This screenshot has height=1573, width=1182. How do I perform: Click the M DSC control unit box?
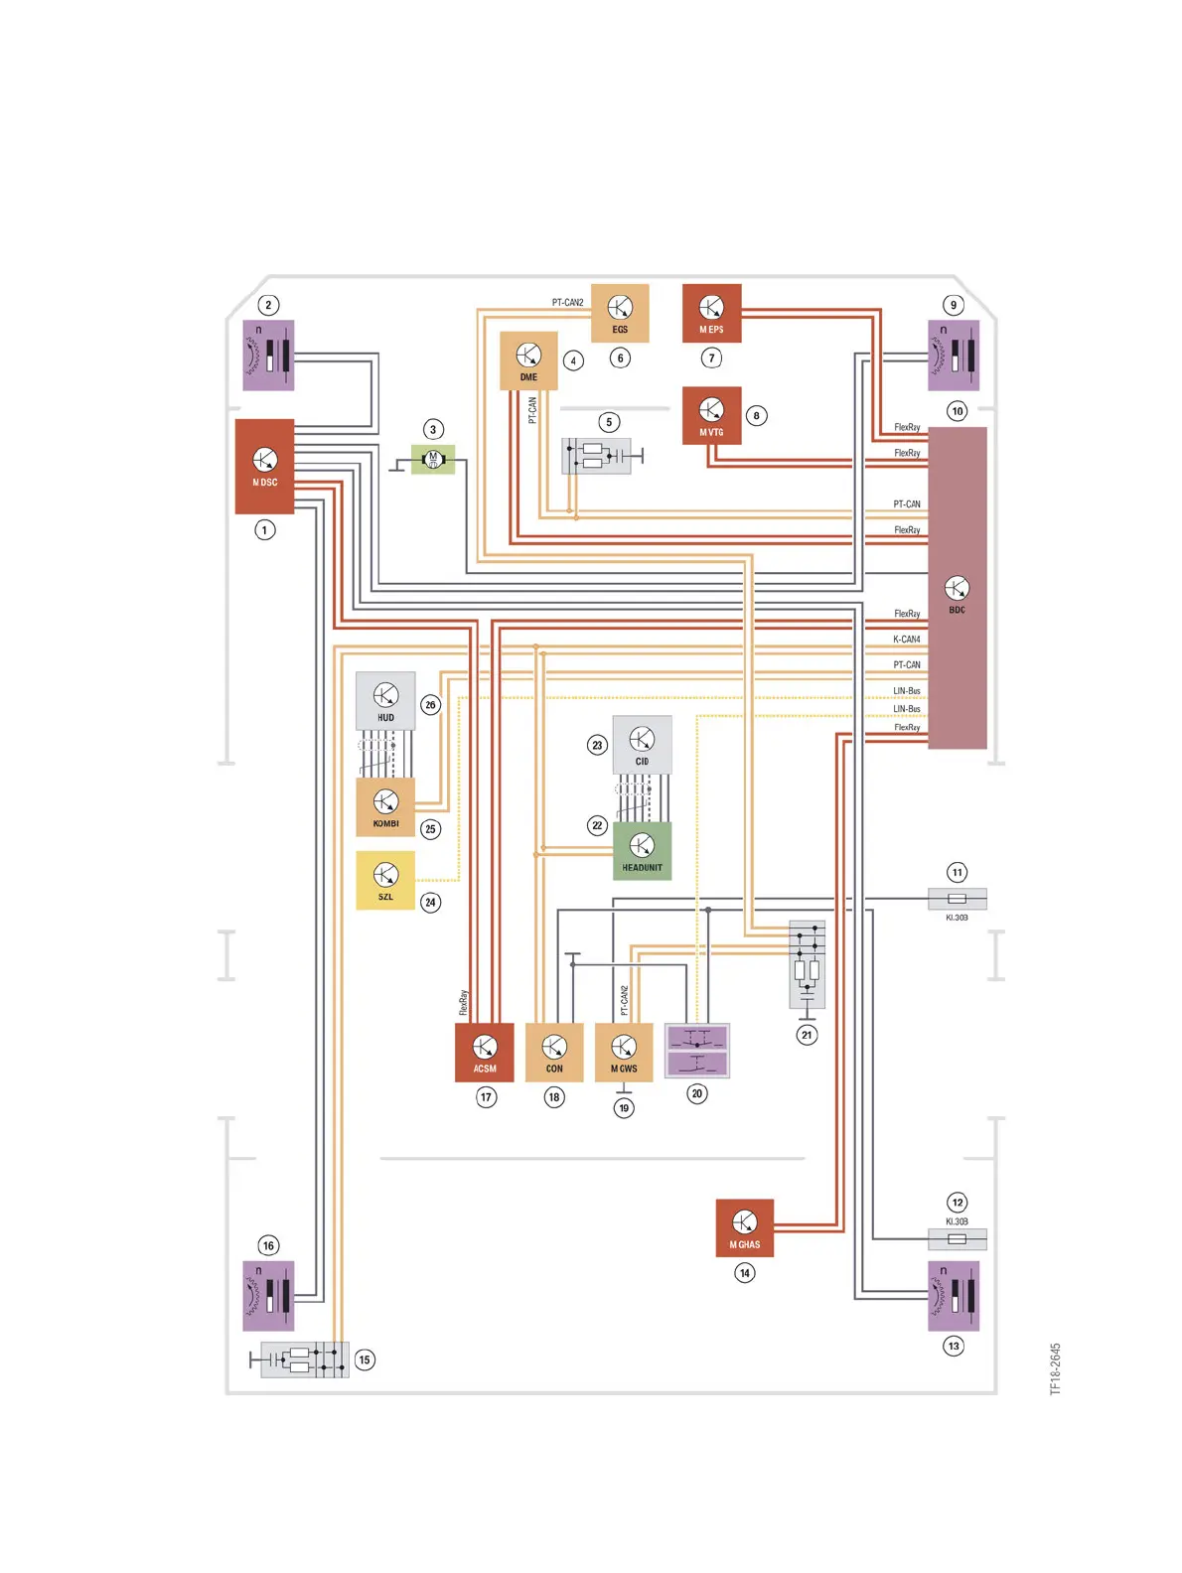264,466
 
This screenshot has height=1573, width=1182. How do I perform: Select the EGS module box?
620,313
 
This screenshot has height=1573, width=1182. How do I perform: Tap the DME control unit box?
528,360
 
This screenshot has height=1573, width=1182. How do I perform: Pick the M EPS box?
711,313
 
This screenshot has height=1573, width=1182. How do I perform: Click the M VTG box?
711,415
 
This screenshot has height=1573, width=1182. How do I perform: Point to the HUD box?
385,701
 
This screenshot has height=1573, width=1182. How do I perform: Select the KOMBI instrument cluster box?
385,807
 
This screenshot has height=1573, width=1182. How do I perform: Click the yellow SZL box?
385,880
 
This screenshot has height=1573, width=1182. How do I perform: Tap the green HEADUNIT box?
642,851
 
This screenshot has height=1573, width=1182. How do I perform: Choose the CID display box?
642,745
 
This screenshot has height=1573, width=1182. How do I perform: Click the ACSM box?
485,1052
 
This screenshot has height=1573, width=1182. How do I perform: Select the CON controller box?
554,1052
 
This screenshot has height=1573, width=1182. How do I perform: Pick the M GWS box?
624,1052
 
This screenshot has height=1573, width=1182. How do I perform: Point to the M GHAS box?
745,1227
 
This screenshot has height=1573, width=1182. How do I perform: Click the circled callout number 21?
807,1035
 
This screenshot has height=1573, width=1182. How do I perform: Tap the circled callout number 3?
433,429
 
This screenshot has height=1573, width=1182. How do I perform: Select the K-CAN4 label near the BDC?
906,640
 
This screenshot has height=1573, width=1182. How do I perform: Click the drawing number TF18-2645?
1056,1368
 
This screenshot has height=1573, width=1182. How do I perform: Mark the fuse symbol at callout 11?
957,899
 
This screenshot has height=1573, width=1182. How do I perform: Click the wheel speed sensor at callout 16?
268,1295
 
